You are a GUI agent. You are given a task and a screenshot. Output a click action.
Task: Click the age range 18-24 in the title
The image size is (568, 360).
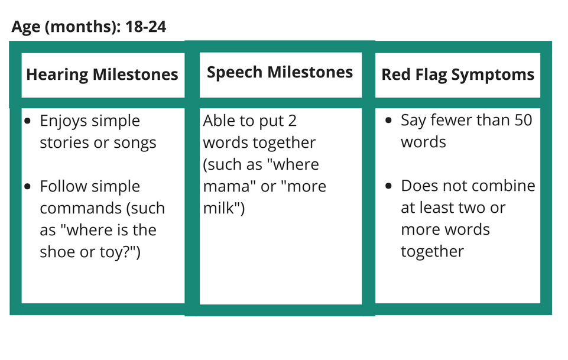pyautogui.click(x=145, y=27)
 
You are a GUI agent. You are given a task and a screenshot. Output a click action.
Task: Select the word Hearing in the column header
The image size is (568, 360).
pyautogui.click(x=57, y=75)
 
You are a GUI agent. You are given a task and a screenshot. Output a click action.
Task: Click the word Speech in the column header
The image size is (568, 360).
pyautogui.click(x=235, y=73)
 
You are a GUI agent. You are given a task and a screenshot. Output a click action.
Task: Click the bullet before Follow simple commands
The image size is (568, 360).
pyautogui.click(x=28, y=187)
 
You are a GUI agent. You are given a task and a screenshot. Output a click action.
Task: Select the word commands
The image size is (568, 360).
pyautogui.click(x=80, y=208)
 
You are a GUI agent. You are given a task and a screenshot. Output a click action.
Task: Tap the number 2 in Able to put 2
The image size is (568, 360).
pyautogui.click(x=293, y=121)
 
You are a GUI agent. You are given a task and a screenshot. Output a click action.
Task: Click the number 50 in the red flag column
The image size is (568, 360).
pyautogui.click(x=522, y=120)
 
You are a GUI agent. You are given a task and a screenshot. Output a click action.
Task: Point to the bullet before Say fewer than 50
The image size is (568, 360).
pyautogui.click(x=389, y=120)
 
